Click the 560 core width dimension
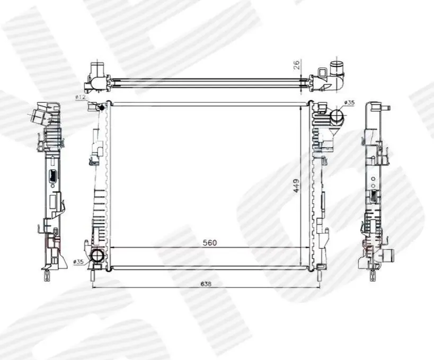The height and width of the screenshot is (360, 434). point(210,243)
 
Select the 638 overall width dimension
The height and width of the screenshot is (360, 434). point(206,284)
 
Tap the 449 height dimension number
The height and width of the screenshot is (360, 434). point(296,186)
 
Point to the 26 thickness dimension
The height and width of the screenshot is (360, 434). point(296,65)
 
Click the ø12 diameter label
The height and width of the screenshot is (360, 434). point(81,97)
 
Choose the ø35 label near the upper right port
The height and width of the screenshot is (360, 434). point(349,102)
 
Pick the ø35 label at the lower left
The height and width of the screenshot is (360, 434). point(78,261)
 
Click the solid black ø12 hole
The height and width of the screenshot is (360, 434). point(101,108)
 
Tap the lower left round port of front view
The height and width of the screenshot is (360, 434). point(97,255)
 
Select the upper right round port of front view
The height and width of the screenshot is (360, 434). point(337,115)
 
